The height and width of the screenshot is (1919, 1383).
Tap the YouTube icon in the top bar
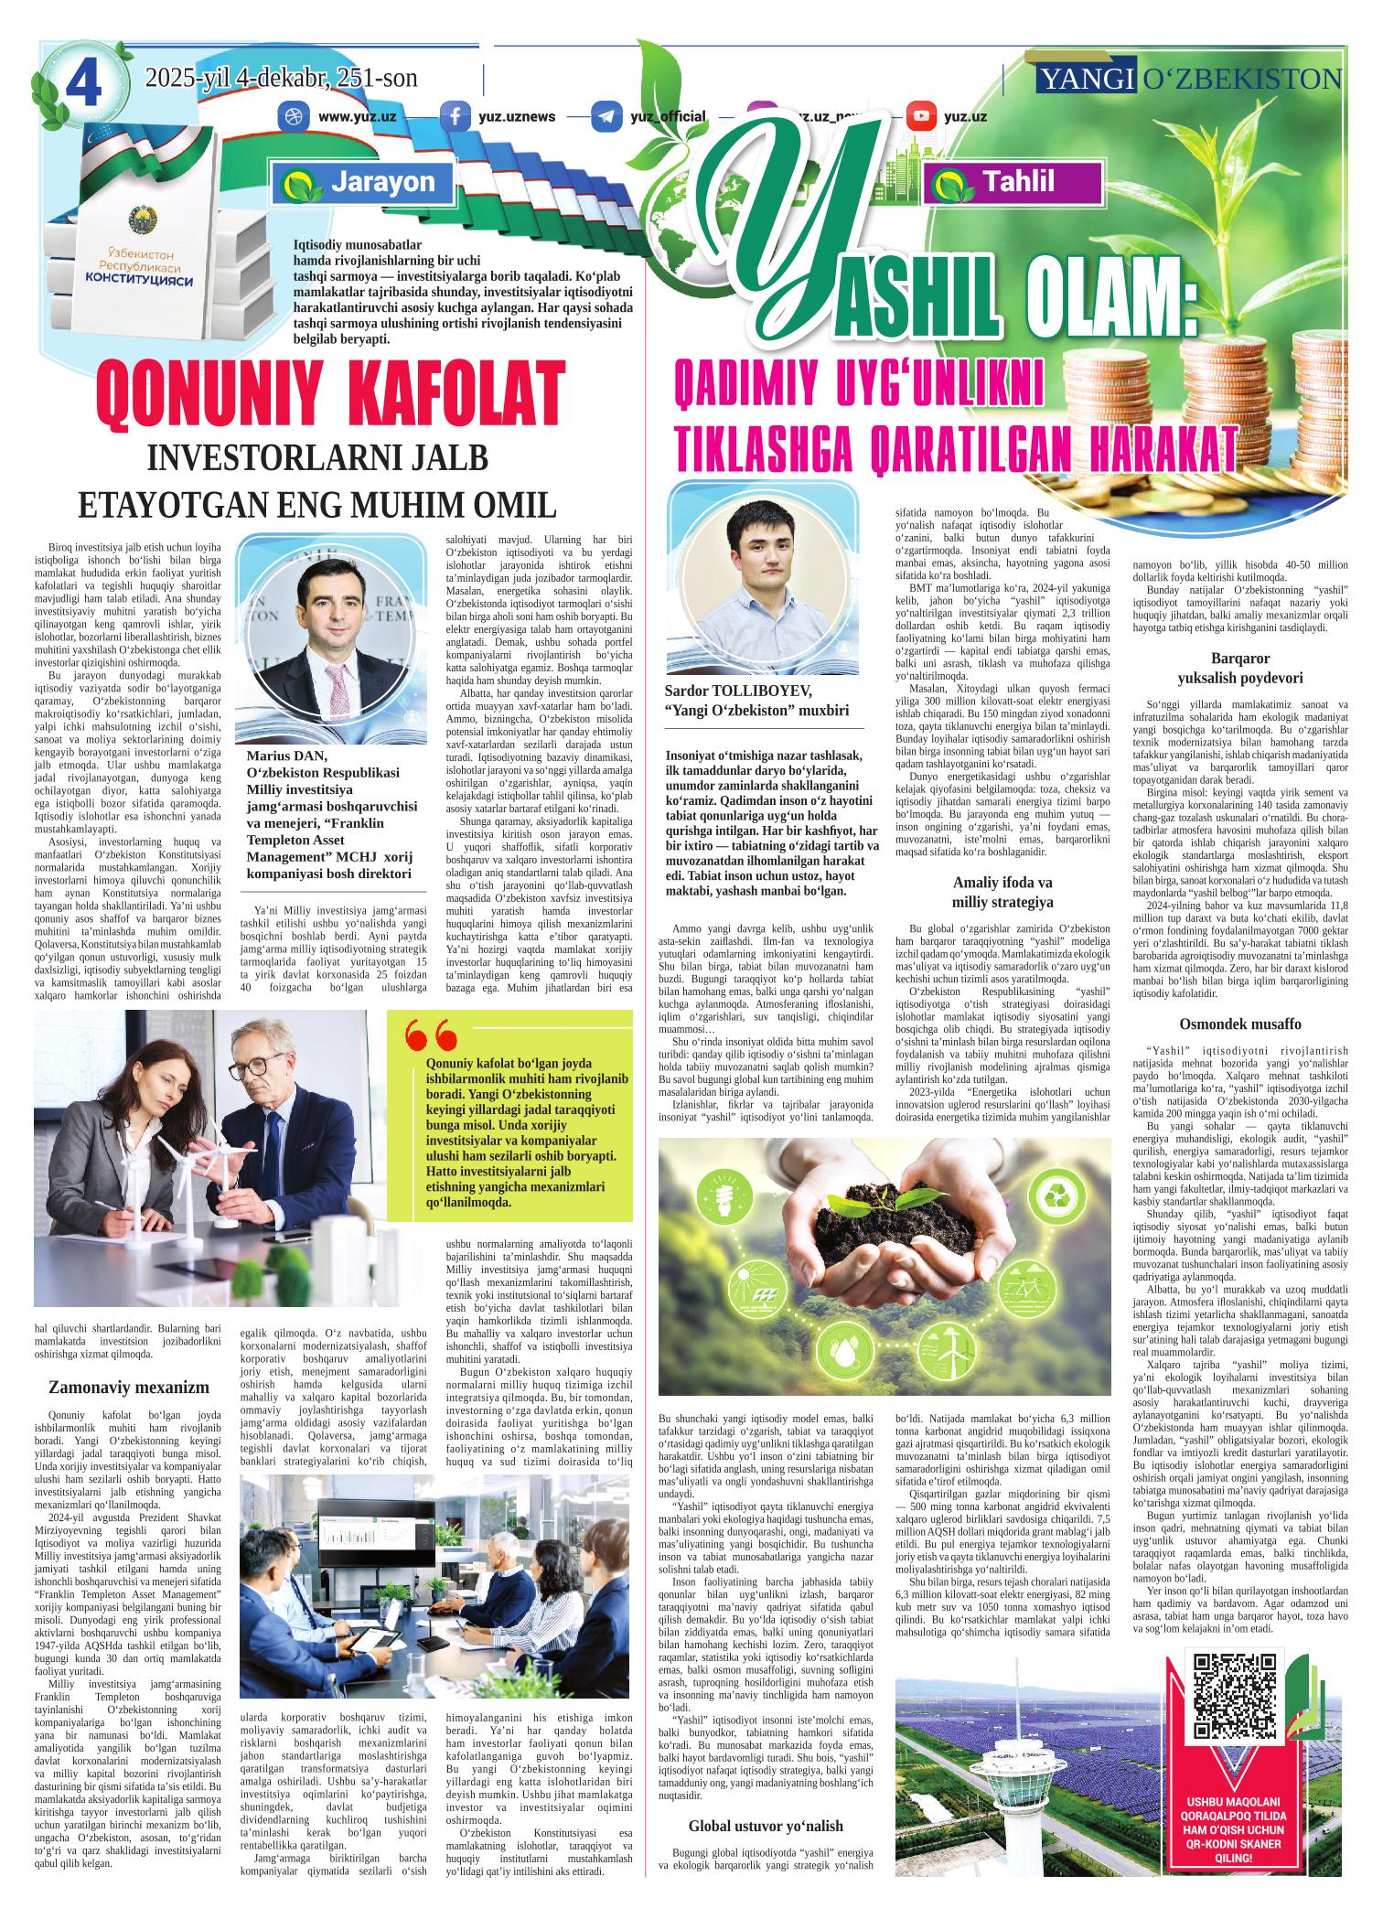pyautogui.click(x=921, y=116)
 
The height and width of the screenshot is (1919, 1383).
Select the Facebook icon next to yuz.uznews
pyautogui.click(x=455, y=116)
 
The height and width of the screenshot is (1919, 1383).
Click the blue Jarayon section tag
pyautogui.click(x=362, y=181)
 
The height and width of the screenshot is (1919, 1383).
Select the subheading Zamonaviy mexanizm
pyautogui.click(x=129, y=1387)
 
